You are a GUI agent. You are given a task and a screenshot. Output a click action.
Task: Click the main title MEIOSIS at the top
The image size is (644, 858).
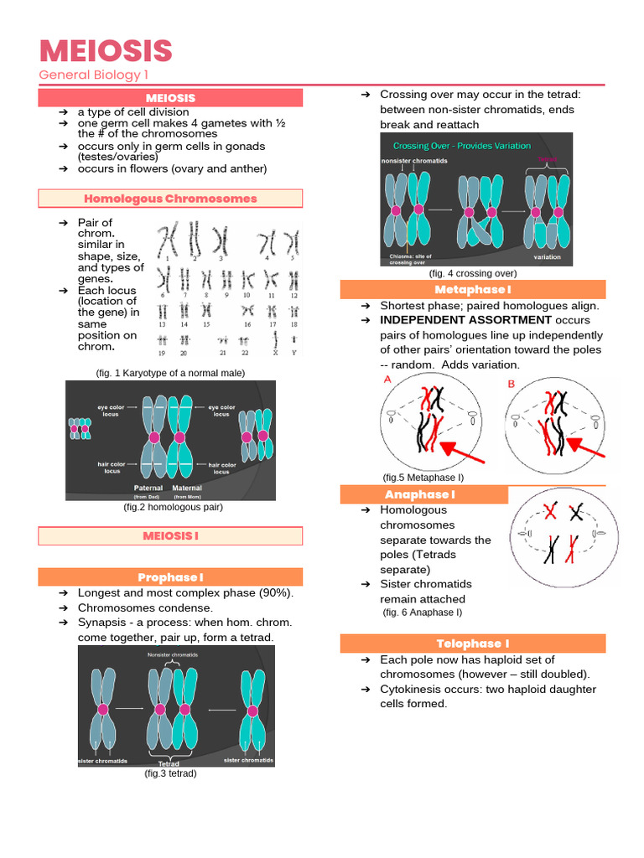tap(106, 51)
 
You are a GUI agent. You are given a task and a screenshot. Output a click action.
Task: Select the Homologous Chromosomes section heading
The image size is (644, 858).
tap(170, 199)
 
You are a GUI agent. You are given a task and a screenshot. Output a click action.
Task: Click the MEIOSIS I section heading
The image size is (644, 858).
tap(170, 535)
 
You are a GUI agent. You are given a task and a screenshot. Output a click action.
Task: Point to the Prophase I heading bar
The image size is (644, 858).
tap(170, 577)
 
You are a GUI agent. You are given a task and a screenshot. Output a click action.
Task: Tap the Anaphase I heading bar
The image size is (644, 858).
tap(424, 494)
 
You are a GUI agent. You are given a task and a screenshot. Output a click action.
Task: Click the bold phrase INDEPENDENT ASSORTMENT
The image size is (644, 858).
tap(466, 320)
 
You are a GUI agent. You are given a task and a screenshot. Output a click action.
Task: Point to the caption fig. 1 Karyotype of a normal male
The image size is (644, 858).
tap(170, 373)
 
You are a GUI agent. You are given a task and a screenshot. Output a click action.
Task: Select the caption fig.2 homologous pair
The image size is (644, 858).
tap(173, 507)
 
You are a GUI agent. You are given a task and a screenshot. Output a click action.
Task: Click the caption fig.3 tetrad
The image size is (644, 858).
tap(170, 773)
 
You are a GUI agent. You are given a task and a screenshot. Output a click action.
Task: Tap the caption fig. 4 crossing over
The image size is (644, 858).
tap(473, 273)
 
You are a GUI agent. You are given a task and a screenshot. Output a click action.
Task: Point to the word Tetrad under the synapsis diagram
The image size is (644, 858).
tap(169, 763)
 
